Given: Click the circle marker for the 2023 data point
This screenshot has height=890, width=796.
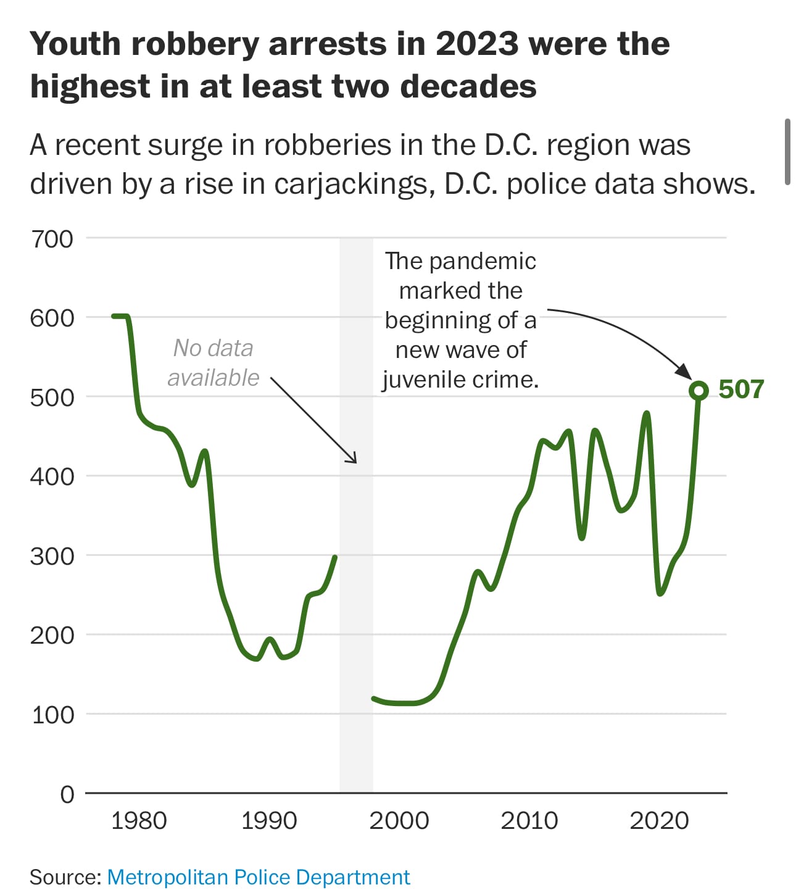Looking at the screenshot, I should [699, 390].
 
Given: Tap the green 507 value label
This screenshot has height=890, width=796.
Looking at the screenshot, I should [741, 389].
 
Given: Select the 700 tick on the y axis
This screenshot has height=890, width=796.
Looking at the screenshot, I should [52, 239].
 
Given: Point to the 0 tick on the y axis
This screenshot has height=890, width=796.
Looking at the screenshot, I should [67, 794].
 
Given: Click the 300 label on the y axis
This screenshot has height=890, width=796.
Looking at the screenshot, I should [52, 556].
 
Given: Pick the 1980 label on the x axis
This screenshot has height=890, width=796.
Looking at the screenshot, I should [139, 821].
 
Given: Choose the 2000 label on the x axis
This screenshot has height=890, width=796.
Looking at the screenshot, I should [399, 821].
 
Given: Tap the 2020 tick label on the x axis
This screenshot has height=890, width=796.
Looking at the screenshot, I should [659, 821].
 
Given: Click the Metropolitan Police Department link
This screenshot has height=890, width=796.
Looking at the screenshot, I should [259, 877].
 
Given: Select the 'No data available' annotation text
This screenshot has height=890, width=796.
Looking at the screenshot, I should [214, 363].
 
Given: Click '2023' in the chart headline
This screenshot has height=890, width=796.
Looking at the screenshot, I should [476, 44].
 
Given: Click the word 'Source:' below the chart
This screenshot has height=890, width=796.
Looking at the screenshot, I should [65, 877].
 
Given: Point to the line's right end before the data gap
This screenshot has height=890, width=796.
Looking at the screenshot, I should [335, 557].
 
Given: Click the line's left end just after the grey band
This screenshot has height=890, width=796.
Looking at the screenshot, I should [374, 699].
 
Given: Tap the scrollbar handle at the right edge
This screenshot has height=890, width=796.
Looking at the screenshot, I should [787, 152].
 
